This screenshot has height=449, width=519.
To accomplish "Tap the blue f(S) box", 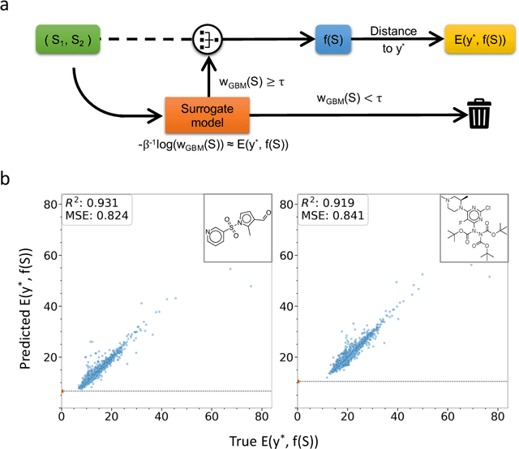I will click(x=333, y=38).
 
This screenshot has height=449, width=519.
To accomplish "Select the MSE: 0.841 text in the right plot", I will click(x=324, y=216).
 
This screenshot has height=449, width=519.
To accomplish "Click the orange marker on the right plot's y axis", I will click(x=298, y=381).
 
